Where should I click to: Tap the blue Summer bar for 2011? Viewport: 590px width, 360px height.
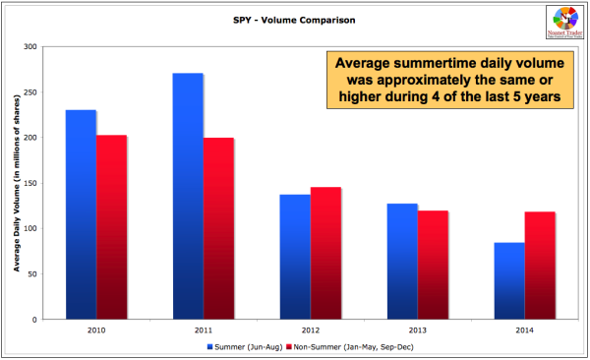coord(188,197)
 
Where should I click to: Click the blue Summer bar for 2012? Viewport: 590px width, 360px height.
coord(295,257)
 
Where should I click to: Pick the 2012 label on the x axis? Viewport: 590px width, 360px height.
coord(310,331)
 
